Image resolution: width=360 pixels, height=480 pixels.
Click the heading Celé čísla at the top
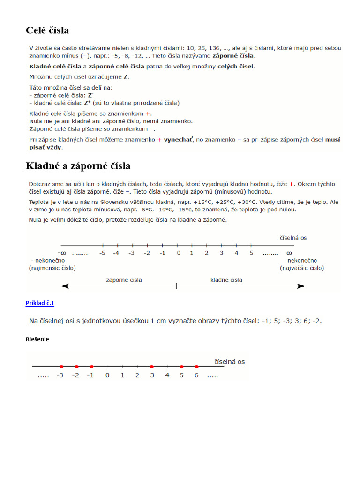[47, 30]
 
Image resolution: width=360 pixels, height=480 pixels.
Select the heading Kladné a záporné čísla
[78, 166]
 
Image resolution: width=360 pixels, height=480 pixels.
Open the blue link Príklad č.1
[40, 303]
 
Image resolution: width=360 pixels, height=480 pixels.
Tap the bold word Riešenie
[37, 339]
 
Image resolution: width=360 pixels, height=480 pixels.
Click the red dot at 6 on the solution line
[196, 367]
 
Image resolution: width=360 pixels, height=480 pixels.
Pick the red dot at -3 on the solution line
[61, 367]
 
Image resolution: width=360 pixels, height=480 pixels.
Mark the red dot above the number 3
[151, 367]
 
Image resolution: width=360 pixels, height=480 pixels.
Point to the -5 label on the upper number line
[102, 253]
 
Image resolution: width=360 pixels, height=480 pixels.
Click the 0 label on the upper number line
[178, 253]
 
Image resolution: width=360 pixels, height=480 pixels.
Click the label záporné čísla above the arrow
[124, 280]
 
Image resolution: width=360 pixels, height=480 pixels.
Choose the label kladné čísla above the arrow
[226, 280]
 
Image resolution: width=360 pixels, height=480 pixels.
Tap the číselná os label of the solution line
[229, 362]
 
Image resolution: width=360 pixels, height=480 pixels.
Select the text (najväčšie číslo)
[302, 268]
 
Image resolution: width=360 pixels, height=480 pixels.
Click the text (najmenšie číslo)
[52, 268]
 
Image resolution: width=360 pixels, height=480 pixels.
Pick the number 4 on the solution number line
[167, 375]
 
